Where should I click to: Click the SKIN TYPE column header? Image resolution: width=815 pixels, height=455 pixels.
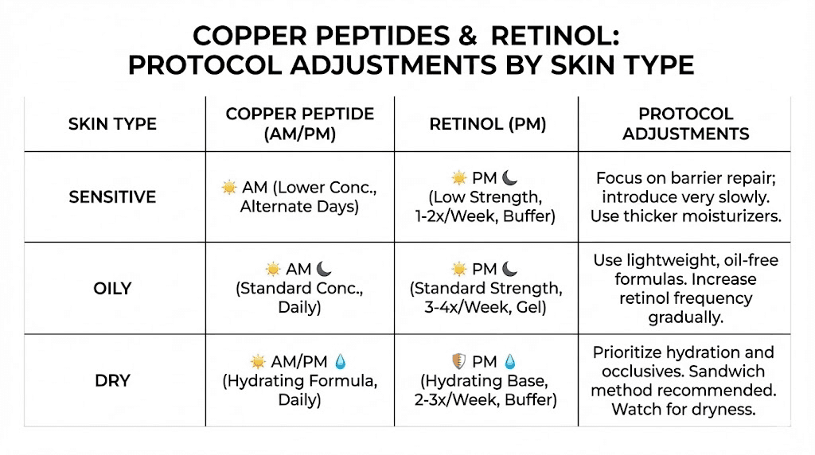(112, 123)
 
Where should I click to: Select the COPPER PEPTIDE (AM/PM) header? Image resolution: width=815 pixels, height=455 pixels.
(299, 123)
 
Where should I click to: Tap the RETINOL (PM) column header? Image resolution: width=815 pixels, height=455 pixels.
(487, 123)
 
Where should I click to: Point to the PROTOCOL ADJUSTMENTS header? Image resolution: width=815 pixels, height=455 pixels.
(685, 123)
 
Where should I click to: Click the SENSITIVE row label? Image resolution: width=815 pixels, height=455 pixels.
(112, 196)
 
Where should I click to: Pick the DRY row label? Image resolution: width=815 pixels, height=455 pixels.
(112, 380)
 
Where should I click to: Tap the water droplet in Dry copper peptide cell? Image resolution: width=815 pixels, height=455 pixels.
(340, 361)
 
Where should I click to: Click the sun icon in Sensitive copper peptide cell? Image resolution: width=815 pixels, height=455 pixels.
(229, 188)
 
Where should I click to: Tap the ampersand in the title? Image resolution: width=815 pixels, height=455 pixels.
(467, 36)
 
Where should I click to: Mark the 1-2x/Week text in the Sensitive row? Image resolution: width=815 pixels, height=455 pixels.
(453, 215)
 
